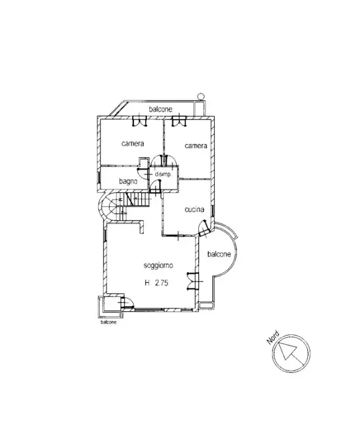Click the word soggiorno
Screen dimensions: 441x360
pyautogui.click(x=158, y=265)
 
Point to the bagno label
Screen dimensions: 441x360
pyautogui.click(x=128, y=181)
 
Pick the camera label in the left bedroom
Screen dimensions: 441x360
pyautogui.click(x=132, y=144)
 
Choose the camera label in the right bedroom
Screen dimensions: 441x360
pyautogui.click(x=196, y=146)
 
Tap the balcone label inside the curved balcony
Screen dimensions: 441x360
pyautogui.click(x=219, y=254)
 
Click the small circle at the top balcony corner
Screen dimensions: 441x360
pyautogui.click(x=200, y=96)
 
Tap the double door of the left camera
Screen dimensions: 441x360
pyautogui.click(x=141, y=121)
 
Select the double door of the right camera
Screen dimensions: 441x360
pyautogui.click(x=179, y=121)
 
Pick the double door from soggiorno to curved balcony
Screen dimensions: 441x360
pyautogui.click(x=195, y=279)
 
